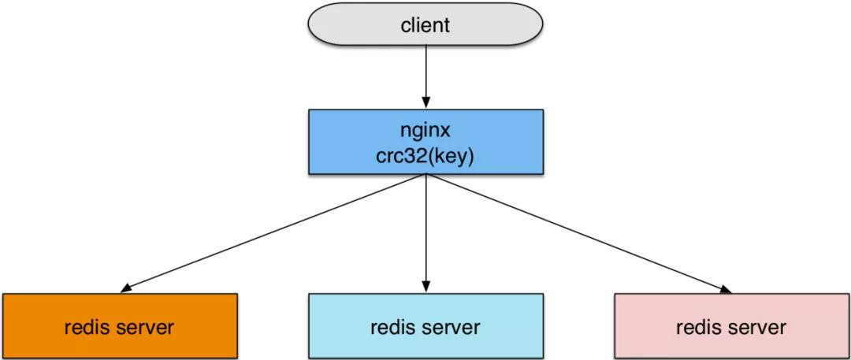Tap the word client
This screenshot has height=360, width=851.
(425, 24)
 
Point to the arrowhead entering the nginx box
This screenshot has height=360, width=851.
(425, 103)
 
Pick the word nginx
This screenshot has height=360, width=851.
(425, 128)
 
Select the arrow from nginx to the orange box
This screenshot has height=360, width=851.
(276, 232)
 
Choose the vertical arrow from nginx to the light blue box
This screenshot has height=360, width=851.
(425, 228)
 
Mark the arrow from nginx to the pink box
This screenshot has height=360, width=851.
(575, 232)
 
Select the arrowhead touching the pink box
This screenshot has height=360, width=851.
(725, 289)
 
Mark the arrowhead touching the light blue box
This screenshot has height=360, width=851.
(425, 288)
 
